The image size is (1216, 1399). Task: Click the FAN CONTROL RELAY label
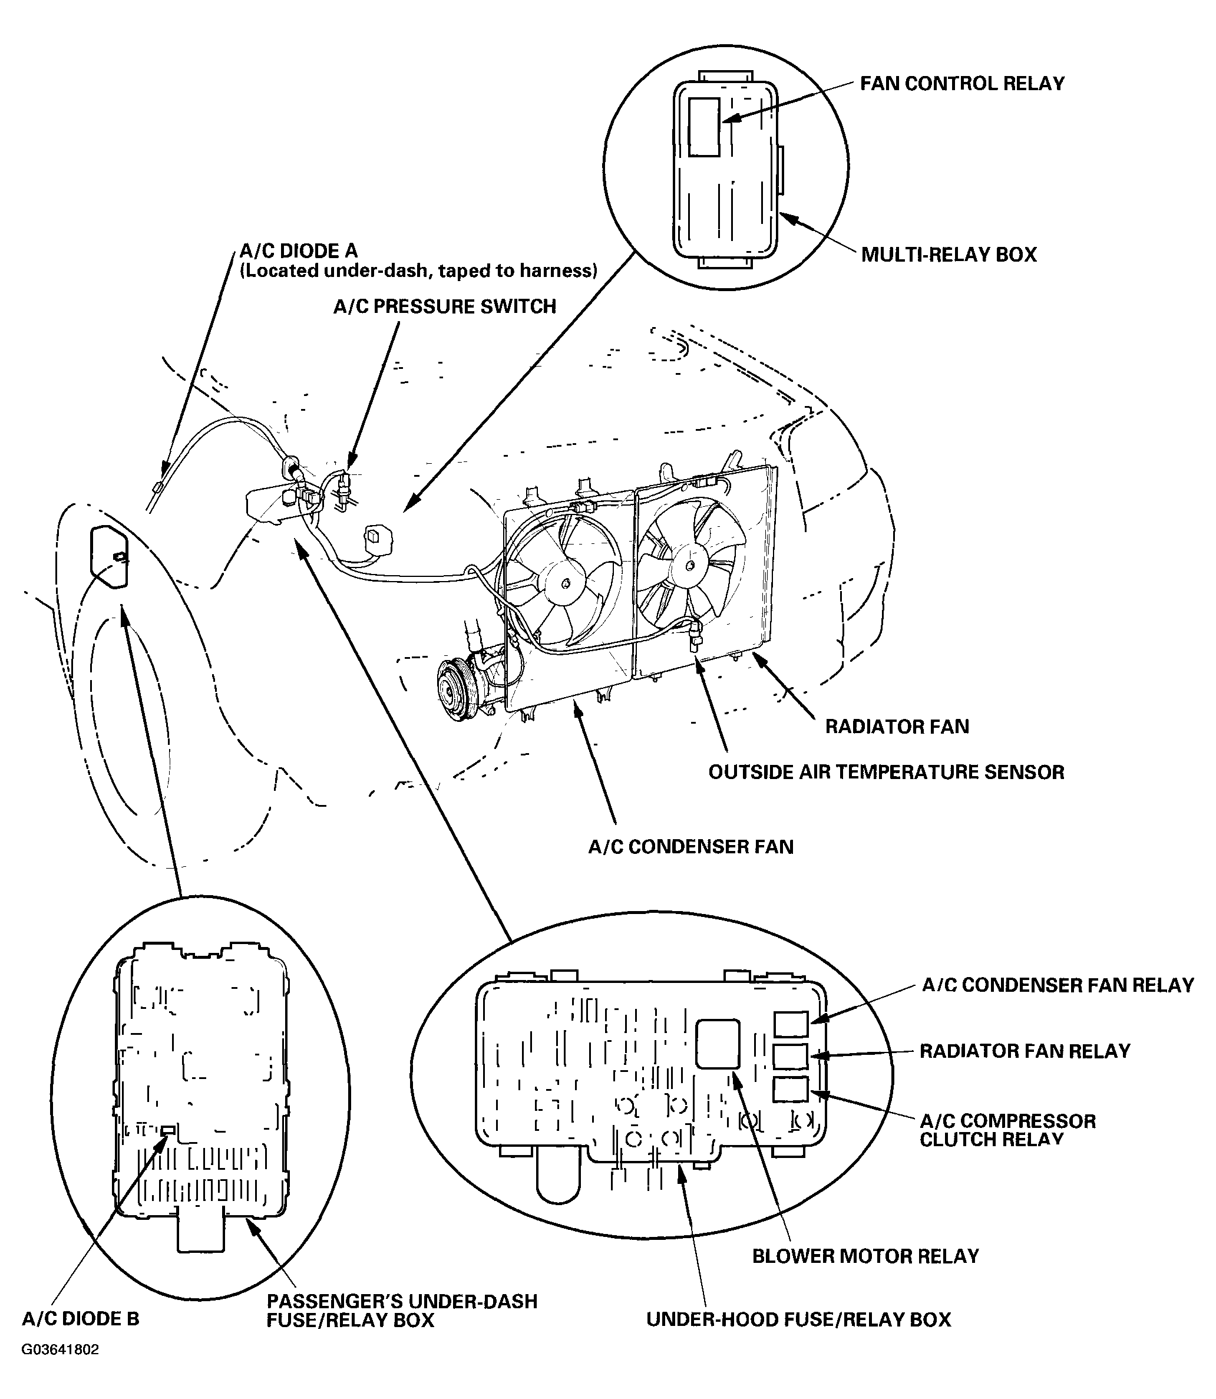(961, 84)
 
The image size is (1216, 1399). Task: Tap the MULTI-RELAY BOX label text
(949, 255)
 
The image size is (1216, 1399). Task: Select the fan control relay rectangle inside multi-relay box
(703, 126)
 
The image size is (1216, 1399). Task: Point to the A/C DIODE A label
(299, 251)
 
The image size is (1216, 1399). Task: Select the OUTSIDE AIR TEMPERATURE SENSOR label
(885, 772)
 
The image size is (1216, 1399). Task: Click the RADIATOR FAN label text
(897, 726)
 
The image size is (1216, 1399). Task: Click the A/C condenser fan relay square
(791, 1024)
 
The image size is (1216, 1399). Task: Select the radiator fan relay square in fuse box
(791, 1056)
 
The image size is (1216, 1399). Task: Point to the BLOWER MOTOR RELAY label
(865, 1256)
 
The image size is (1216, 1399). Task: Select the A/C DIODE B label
(80, 1318)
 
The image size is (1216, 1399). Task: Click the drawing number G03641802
(61, 1349)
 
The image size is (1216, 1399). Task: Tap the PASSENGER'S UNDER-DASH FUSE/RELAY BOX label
(402, 1310)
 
